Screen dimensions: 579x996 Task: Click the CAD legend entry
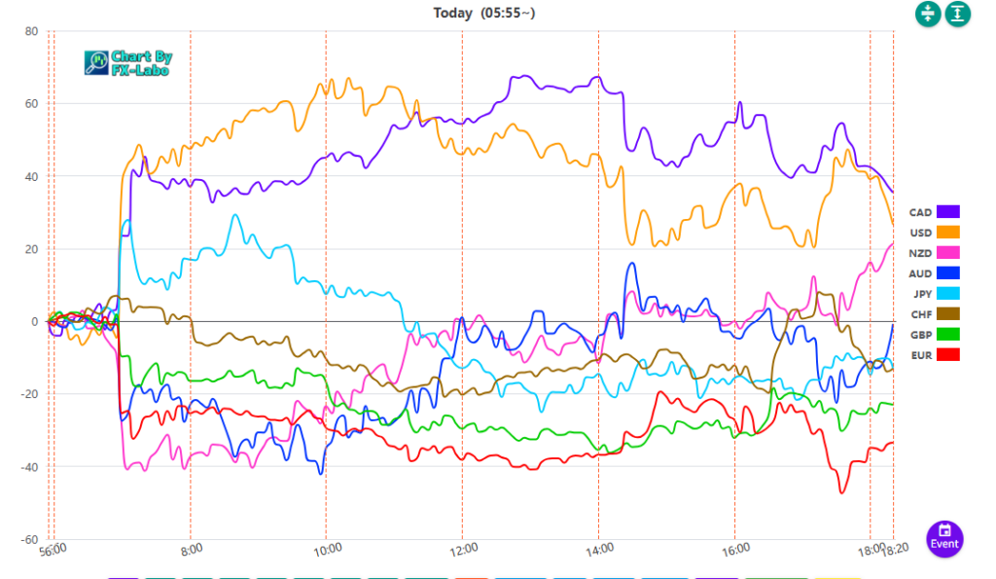click(934, 212)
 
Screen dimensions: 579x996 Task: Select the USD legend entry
click(934, 233)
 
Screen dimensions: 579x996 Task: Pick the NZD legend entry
click(934, 253)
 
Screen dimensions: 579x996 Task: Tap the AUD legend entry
click(934, 273)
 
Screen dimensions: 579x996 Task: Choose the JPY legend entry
click(934, 294)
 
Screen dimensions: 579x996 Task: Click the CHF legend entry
click(934, 314)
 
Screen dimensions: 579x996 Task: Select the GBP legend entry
click(934, 335)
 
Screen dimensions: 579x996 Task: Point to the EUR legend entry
click(934, 355)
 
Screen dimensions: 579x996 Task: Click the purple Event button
click(943, 536)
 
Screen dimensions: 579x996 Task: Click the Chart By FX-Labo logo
click(127, 63)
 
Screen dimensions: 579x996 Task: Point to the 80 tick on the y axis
click(31, 31)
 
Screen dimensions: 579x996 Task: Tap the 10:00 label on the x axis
click(327, 549)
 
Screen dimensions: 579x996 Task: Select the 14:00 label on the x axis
click(599, 549)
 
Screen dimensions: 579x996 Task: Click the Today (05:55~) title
click(483, 13)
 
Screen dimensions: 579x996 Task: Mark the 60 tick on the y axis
click(31, 104)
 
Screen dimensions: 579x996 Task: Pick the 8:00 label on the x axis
click(192, 549)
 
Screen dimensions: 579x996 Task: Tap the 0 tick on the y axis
click(34, 322)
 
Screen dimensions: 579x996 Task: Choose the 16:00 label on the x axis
click(735, 549)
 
